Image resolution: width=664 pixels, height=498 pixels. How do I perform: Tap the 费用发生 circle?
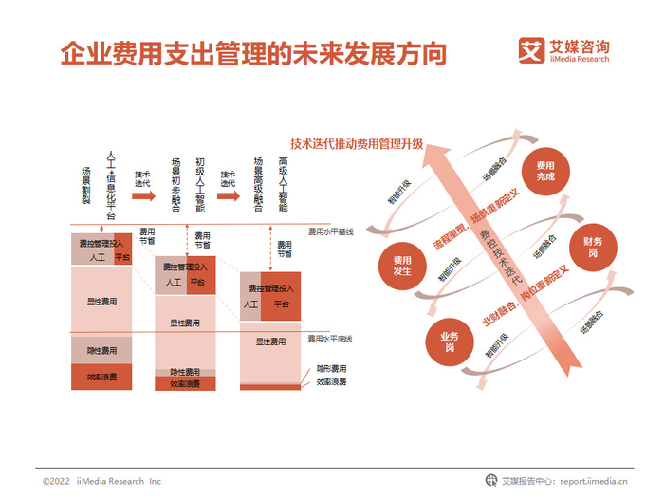coord(401,266)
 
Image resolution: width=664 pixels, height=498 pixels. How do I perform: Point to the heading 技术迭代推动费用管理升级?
coord(357,147)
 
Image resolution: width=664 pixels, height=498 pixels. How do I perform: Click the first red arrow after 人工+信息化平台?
coord(142,195)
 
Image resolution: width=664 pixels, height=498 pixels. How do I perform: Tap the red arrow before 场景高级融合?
coord(228,195)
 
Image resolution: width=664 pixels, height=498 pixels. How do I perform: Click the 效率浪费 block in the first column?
coord(101,377)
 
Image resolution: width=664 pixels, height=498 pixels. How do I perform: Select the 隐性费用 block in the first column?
coord(101,350)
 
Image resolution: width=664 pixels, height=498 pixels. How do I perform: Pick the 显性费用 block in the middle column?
coord(185,323)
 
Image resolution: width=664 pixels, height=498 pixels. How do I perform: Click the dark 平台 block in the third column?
coord(282,304)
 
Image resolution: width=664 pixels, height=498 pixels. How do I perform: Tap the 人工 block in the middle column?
coord(172,282)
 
